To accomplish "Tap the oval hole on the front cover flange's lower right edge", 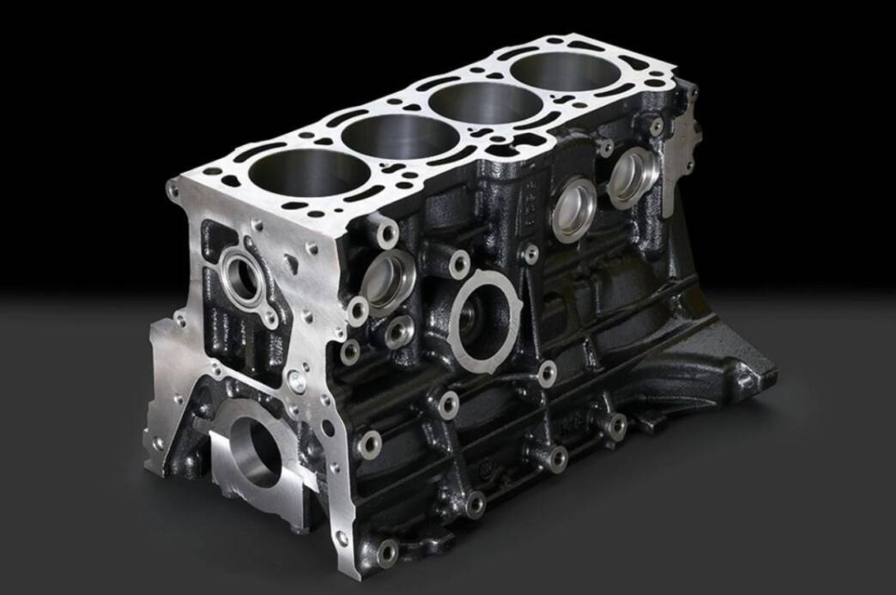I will [325, 429].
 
